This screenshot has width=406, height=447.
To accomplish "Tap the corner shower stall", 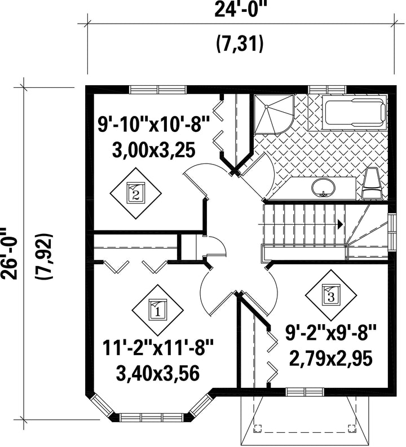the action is [x=273, y=114].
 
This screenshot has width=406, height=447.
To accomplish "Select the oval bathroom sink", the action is [x=323, y=188].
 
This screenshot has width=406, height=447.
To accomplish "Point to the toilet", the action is [x=372, y=183].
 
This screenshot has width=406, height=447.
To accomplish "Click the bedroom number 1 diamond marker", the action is [x=157, y=310].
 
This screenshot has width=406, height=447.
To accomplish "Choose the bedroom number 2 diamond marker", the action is [x=136, y=193].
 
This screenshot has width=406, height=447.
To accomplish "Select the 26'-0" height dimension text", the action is [x=8, y=253].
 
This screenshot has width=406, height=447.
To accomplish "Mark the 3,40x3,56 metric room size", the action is [x=158, y=374].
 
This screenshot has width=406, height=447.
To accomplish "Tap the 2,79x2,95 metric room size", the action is [x=331, y=359].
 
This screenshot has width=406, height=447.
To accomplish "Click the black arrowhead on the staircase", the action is [x=340, y=224].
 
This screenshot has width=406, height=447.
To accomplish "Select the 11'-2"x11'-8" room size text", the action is [x=158, y=347].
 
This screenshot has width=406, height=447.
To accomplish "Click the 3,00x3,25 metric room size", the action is [x=154, y=150].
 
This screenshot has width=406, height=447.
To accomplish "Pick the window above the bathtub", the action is [x=328, y=88].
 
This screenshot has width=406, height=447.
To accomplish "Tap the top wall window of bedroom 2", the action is [x=158, y=89].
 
